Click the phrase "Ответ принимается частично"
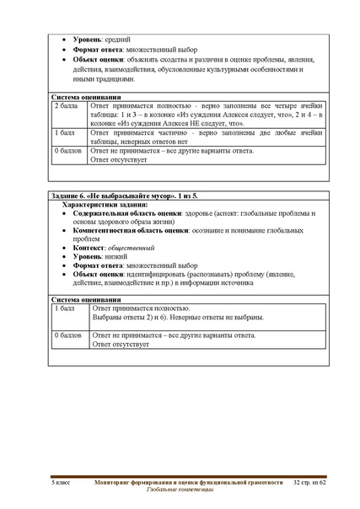pyautogui.click(x=140, y=133)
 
